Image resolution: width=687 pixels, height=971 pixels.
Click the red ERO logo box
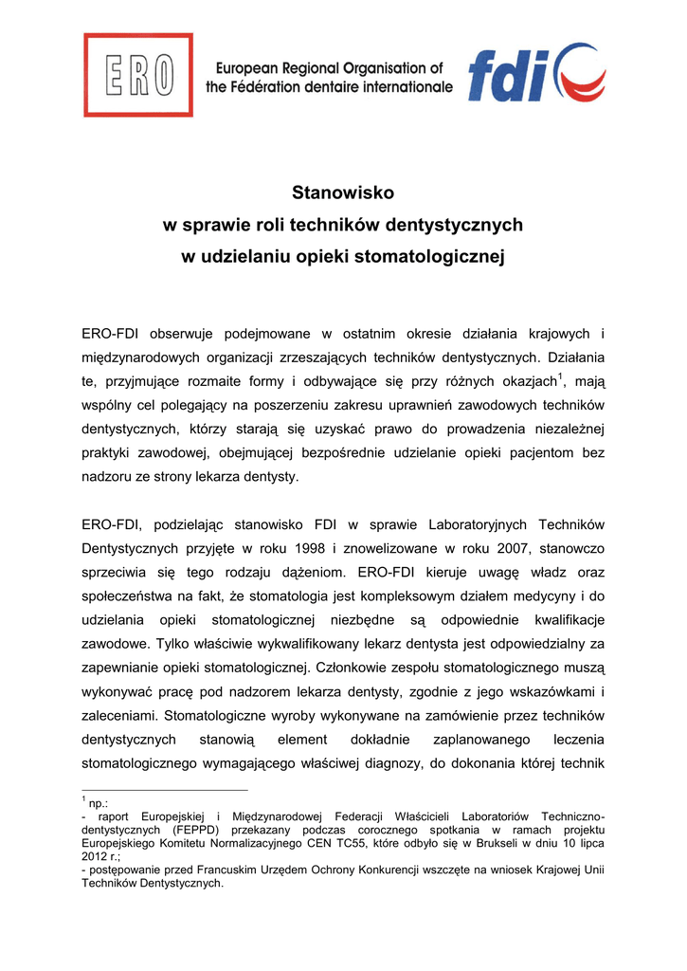pos(138,75)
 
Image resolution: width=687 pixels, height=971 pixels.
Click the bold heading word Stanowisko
pos(342,193)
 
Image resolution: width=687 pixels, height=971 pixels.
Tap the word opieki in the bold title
pos(320,256)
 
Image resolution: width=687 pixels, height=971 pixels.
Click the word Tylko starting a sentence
pos(173,644)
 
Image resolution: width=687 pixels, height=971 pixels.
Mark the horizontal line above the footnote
pos(165,789)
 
